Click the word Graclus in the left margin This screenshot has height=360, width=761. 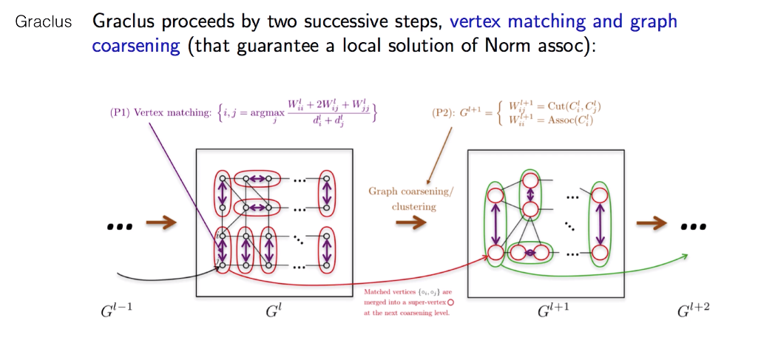click(x=44, y=21)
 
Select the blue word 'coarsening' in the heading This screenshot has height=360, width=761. click(x=136, y=45)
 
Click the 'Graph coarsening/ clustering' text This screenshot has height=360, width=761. click(x=413, y=199)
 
